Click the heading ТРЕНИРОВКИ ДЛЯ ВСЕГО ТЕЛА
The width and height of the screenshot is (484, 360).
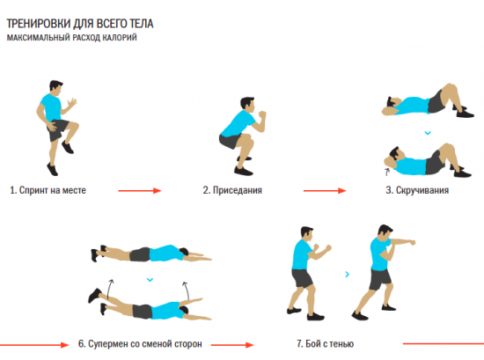tap(80, 24)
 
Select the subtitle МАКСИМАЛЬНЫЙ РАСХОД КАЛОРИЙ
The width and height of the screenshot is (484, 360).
tap(72, 38)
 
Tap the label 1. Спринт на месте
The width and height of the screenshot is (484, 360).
tap(48, 190)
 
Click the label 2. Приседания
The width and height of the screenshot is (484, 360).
tap(232, 190)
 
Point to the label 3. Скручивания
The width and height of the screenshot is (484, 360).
tap(417, 190)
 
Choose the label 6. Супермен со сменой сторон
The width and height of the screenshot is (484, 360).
tap(140, 343)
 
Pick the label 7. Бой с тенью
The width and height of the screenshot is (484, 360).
tap(325, 343)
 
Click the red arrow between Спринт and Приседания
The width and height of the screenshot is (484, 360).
tap(140, 191)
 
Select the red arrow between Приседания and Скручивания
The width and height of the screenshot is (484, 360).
tap(325, 191)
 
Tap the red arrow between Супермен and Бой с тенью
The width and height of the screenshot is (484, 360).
tap(232, 344)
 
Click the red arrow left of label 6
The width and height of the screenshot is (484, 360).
tap(34, 344)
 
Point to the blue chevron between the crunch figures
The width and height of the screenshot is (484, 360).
tap(428, 133)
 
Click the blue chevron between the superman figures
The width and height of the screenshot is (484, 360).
tap(150, 280)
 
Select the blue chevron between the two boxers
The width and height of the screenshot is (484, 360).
tap(348, 274)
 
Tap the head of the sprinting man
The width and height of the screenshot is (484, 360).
tap(55, 87)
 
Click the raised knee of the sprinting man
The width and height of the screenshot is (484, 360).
tap(75, 126)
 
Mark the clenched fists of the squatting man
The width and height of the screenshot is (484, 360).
tap(262, 114)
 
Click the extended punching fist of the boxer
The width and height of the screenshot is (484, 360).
tap(411, 242)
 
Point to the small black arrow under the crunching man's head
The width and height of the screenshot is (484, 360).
tap(387, 172)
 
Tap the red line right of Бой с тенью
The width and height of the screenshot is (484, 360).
tap(444, 343)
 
